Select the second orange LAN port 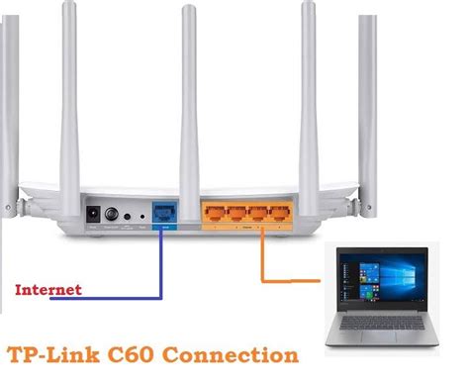(238, 213)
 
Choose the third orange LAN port (260, 213)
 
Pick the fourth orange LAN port (282, 213)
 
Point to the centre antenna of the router (185, 99)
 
